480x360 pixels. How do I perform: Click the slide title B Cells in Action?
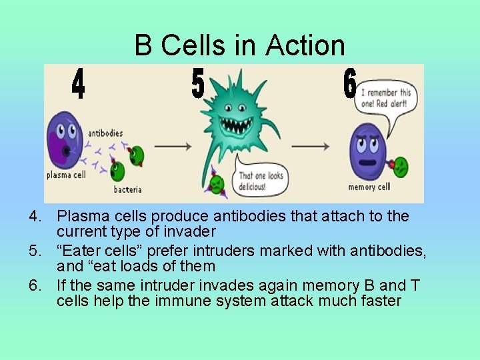[240, 45]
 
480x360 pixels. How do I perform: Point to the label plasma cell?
[64, 176]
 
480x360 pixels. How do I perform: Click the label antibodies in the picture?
[105, 133]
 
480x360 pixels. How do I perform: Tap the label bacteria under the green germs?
[127, 189]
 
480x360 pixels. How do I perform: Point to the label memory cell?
[369, 187]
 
